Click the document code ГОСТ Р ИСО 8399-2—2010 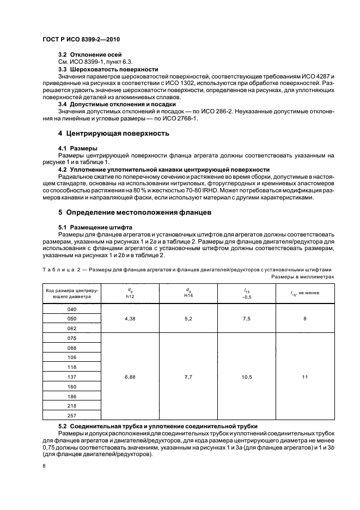coord(80,40)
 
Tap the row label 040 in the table coord(71,309)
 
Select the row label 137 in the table coord(71,376)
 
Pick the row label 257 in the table coord(71,415)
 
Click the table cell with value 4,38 coord(130,319)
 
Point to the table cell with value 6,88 coord(130,376)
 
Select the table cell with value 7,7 coord(188,376)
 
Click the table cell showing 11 coord(305,376)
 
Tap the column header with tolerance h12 coord(130,294)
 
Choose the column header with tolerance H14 coord(188,294)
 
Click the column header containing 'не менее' coord(305,294)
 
